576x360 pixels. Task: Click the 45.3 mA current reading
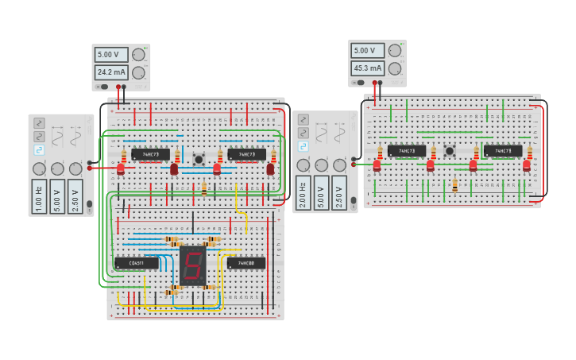tap(368, 68)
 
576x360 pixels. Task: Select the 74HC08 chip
tap(246, 263)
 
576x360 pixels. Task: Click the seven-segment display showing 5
tap(192, 265)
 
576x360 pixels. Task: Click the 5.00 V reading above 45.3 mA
tap(368, 50)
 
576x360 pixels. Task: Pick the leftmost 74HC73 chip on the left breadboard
tap(150, 154)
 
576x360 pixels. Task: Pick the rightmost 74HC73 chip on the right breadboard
tap(503, 150)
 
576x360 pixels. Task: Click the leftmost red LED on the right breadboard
tap(377, 166)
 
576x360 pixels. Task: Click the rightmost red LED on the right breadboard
tap(527, 166)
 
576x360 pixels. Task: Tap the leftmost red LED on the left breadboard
tap(121, 169)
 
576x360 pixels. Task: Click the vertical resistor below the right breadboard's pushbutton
tap(455, 186)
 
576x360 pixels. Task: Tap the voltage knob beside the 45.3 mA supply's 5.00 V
tap(395, 50)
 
